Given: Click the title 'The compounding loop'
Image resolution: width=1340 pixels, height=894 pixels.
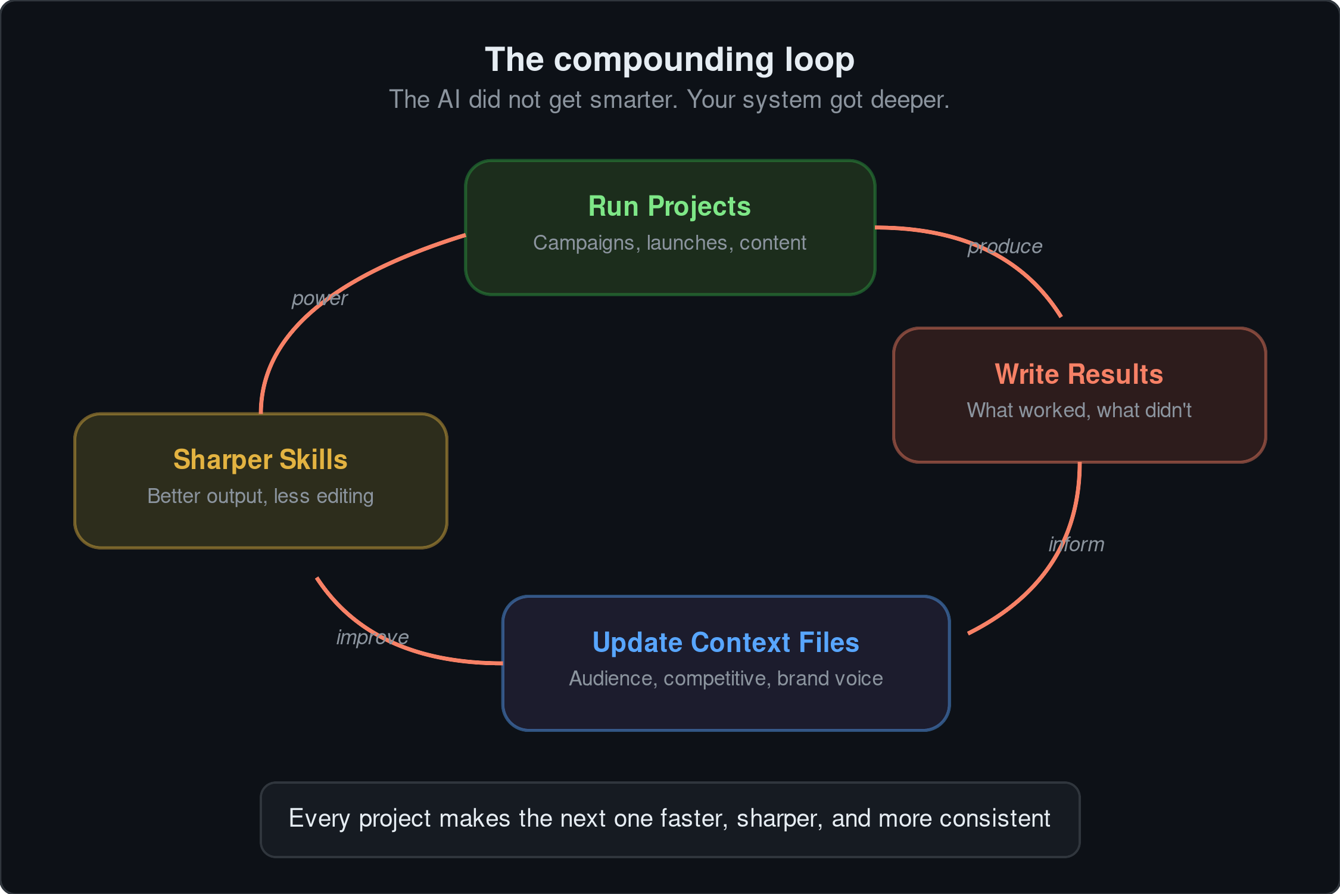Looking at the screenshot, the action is point(669,60).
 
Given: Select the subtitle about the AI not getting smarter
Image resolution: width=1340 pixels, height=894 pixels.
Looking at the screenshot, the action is point(669,100).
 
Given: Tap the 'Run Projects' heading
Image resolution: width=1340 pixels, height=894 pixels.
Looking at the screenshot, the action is point(669,206).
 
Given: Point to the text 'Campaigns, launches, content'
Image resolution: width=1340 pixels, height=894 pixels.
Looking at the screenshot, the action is point(669,243).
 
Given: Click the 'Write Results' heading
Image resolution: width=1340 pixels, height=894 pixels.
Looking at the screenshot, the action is point(1079,374).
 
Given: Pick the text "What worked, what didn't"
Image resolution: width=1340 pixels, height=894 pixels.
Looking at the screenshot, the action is point(1079,410).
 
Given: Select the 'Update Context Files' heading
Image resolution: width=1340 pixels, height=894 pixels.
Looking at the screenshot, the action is point(725,642).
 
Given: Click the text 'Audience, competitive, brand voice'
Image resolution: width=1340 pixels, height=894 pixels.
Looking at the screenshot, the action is point(725,678).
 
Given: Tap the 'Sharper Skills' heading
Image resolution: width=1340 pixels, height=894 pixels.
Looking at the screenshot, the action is point(260,460).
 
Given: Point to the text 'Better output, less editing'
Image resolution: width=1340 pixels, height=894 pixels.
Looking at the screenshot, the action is point(260,496).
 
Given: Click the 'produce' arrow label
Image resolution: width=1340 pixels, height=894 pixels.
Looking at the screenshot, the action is point(1005,246).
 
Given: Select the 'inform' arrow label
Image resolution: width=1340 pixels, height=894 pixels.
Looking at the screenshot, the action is point(1076,544).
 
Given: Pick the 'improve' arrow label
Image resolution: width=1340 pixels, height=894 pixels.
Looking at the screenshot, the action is point(372,637).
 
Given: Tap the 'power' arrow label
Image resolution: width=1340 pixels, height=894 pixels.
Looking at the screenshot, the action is point(319,298).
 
